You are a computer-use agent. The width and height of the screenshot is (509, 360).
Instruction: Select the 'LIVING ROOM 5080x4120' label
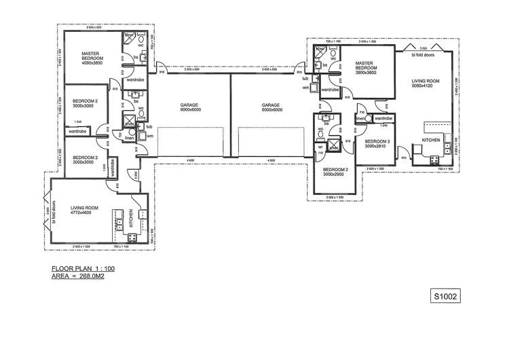(x=426, y=84)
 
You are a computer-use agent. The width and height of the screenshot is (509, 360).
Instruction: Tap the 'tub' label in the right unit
(x=305, y=79)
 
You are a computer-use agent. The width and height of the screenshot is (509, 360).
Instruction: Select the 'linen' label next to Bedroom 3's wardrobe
(x=359, y=119)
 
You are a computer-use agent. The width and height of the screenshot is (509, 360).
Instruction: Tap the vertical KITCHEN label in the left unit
(x=131, y=218)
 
